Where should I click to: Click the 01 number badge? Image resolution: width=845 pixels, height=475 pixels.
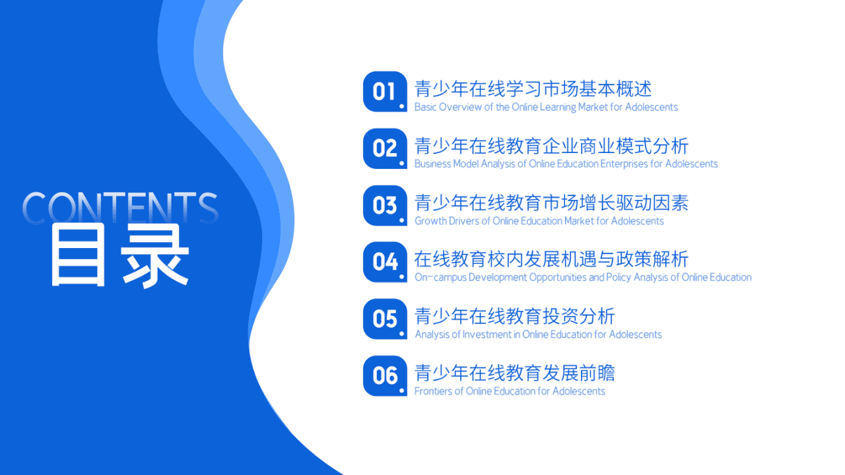[x=385, y=91]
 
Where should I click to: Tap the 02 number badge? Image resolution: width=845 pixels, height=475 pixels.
[x=385, y=148]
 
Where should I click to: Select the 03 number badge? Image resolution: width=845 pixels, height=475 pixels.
[x=385, y=205]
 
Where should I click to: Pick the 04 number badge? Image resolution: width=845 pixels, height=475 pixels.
[x=385, y=262]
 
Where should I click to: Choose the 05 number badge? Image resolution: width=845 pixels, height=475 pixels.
[x=385, y=319]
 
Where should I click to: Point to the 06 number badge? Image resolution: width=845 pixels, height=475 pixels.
[x=385, y=376]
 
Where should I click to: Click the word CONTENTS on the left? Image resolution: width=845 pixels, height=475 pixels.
[x=120, y=207]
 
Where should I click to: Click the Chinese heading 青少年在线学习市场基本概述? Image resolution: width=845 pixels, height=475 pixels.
[x=533, y=88]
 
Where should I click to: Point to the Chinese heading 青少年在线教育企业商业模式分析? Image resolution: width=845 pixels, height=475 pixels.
[x=551, y=145]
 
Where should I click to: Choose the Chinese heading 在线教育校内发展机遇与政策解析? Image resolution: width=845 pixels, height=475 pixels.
[x=551, y=259]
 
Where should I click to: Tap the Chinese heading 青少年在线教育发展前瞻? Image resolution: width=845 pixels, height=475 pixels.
[x=514, y=373]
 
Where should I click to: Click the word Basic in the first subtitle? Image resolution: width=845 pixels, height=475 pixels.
[x=425, y=108]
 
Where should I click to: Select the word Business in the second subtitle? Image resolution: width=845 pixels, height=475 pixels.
[x=432, y=164]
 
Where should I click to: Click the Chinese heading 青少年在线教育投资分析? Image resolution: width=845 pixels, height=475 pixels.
[x=514, y=316]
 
